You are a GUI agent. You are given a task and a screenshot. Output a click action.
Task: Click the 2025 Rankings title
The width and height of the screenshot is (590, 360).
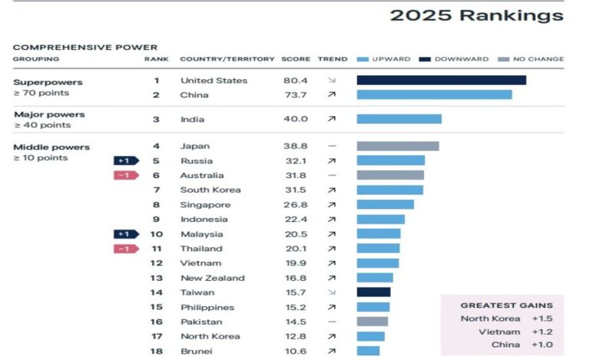[x=476, y=15]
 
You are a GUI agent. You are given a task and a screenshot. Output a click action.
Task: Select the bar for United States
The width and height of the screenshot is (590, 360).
[x=441, y=80]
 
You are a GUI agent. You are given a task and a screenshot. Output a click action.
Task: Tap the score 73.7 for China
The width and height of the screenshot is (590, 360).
[x=295, y=94]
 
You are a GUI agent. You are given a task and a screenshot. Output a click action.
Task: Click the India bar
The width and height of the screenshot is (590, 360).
[x=399, y=119]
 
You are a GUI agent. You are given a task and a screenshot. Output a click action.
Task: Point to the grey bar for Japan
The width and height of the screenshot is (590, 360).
[x=397, y=146]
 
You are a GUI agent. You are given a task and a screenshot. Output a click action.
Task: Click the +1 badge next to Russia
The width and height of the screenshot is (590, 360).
[x=125, y=160]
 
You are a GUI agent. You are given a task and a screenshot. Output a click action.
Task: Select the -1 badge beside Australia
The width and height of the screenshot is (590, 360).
[x=125, y=175]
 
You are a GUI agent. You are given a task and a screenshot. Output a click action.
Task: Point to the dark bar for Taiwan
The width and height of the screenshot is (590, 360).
[x=373, y=292]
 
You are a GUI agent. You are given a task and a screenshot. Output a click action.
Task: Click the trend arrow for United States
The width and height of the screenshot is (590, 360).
[x=332, y=81]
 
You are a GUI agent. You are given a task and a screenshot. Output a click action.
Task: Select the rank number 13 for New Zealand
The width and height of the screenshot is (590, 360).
[x=156, y=278]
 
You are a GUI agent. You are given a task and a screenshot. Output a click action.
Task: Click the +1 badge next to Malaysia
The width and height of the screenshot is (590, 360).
[x=125, y=234]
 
